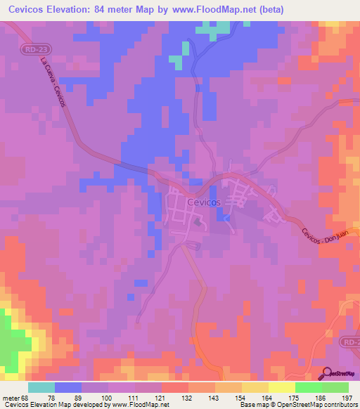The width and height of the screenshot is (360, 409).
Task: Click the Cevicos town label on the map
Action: [205, 202]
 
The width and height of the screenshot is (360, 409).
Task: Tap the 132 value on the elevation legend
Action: [188, 397]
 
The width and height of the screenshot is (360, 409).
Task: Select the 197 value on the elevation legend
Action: [347, 397]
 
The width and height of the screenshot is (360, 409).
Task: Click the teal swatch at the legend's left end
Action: [41, 387]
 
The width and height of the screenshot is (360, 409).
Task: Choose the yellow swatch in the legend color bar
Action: [281, 387]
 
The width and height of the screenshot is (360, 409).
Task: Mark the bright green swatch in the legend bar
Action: [308, 387]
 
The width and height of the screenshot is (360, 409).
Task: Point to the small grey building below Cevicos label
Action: [198, 222]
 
